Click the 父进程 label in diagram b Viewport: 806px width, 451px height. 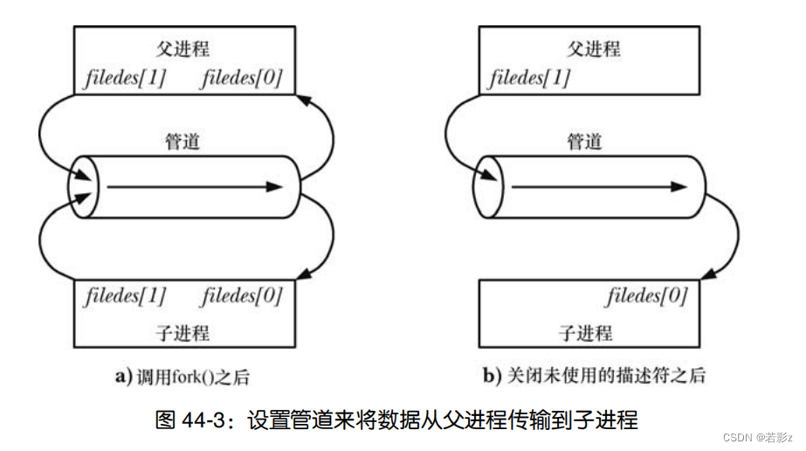click(594, 48)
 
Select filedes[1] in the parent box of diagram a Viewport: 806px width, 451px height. click(124, 79)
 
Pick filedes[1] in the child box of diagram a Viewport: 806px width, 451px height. click(124, 295)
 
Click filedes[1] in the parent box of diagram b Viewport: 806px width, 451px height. click(530, 79)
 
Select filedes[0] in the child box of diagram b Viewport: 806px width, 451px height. click(647, 295)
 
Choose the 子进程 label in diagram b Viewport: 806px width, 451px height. click(585, 332)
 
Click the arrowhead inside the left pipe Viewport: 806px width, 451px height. click(274, 186)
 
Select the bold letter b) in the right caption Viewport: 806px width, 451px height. click(492, 377)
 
